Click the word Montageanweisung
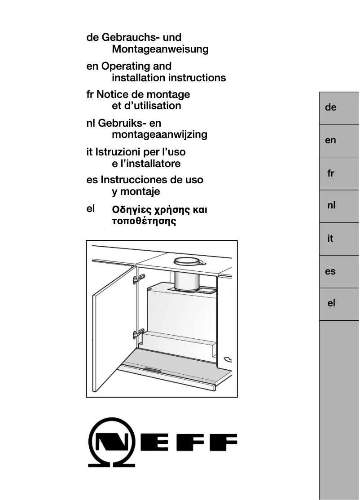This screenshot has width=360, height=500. pyautogui.click(x=160, y=49)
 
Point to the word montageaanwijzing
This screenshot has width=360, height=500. pyautogui.click(x=159, y=134)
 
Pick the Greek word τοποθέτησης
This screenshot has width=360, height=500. pyautogui.click(x=144, y=221)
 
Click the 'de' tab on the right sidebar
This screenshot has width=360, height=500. pyautogui.click(x=331, y=108)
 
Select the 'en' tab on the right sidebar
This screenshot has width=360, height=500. pyautogui.click(x=331, y=141)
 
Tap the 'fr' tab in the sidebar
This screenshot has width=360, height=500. pyautogui.click(x=331, y=173)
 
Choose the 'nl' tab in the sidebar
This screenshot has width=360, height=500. pyautogui.click(x=331, y=206)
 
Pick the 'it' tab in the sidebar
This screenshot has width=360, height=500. pyautogui.click(x=331, y=239)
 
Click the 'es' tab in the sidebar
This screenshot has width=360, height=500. pyautogui.click(x=331, y=271)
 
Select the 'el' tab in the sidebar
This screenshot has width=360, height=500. pyautogui.click(x=331, y=304)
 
